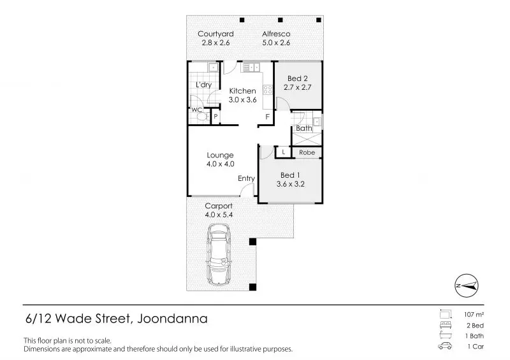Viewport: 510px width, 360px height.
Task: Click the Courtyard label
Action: (215, 34)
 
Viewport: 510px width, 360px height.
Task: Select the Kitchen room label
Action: (242, 91)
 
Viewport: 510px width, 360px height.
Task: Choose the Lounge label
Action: (220, 155)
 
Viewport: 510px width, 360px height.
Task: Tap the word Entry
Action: (246, 178)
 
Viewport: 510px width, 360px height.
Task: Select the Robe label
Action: (307, 153)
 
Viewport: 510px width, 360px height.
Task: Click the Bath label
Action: (304, 128)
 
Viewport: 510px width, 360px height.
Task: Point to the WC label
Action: (197, 110)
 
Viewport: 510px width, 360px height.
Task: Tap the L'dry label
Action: (203, 85)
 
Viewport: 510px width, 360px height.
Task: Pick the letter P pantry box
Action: (215, 117)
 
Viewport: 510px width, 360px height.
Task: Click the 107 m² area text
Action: (469, 315)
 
